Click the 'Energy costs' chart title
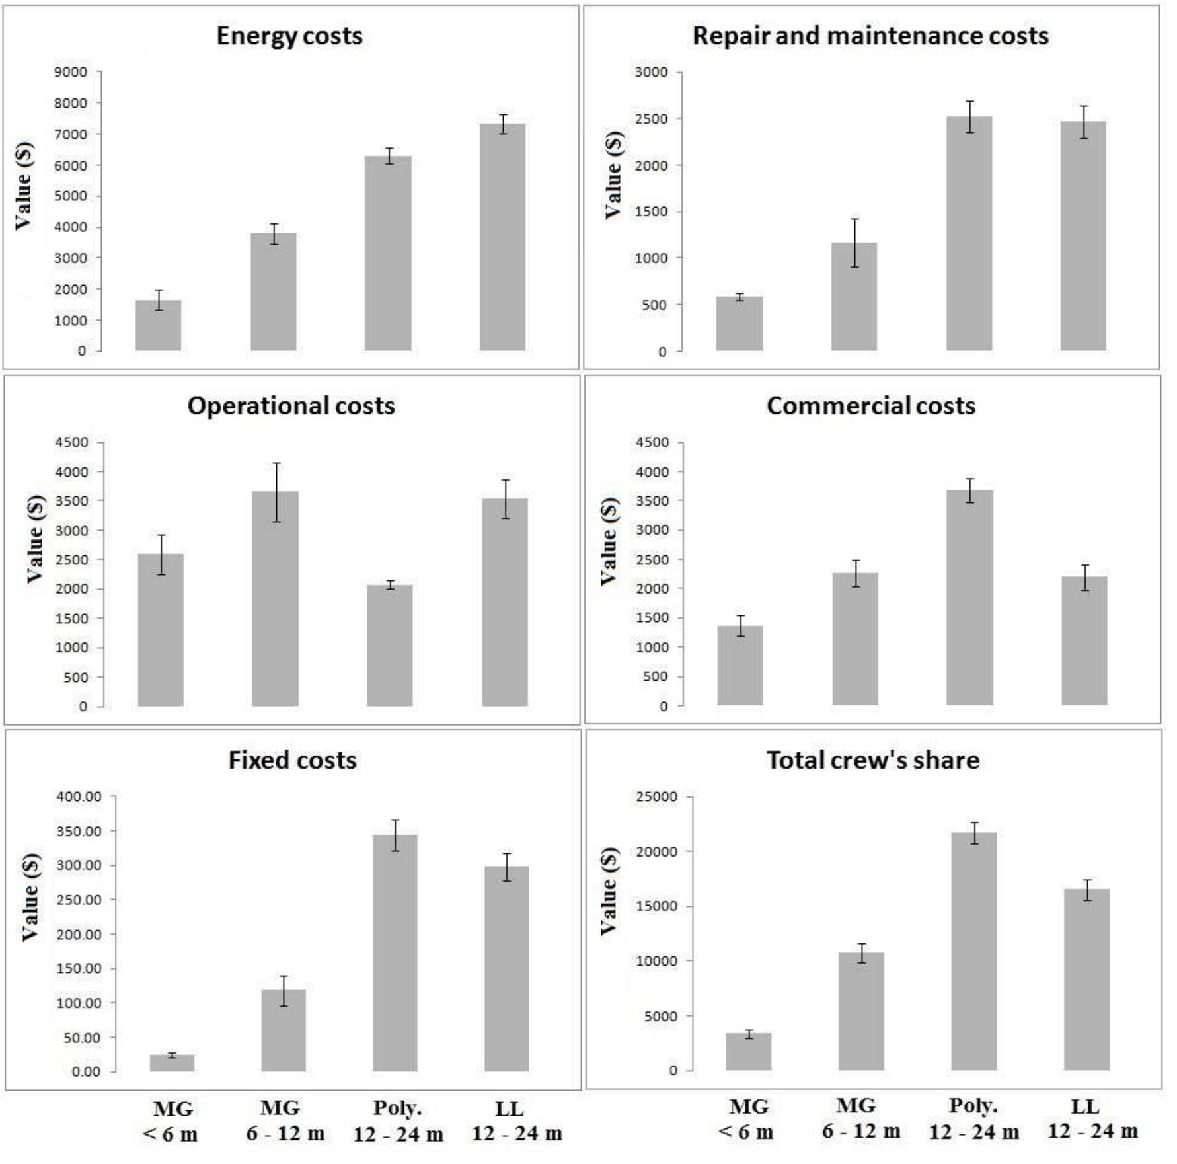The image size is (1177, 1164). coord(289,36)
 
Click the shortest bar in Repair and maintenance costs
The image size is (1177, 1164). coord(739,324)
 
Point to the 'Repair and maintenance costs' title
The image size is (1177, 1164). coord(870,36)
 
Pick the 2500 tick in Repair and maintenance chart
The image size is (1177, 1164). coord(651,119)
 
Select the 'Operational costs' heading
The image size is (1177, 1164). coord(291,406)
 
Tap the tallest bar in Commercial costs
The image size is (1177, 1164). coord(969,598)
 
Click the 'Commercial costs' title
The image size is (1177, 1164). coord(870,406)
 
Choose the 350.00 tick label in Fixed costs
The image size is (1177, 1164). coord(79,831)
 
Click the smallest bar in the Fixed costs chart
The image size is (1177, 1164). coord(172,1063)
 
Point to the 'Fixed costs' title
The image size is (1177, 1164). coord(292,760)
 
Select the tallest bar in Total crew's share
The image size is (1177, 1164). coord(973,952)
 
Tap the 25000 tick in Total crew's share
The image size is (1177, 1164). coord(656,797)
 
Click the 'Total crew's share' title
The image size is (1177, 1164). coord(872,760)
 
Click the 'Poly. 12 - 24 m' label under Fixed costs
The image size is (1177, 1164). coord(398,1121)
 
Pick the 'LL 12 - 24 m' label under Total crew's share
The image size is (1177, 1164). coord(1092,1118)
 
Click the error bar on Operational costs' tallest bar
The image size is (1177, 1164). coord(276,492)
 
